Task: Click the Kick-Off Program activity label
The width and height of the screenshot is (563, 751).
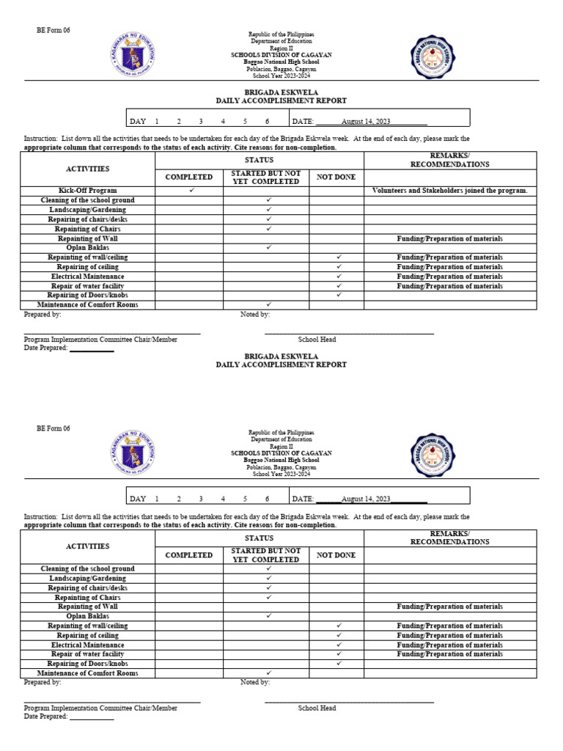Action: pyautogui.click(x=87, y=191)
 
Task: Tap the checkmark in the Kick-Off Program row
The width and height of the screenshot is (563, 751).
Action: pyautogui.click(x=191, y=191)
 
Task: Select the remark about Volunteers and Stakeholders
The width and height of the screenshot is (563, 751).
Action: pyautogui.click(x=449, y=191)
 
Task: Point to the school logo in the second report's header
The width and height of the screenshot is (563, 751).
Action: pyautogui.click(x=431, y=455)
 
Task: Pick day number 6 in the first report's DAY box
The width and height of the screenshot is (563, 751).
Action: pyautogui.click(x=268, y=121)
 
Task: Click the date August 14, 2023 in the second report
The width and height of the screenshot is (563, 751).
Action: pyautogui.click(x=367, y=499)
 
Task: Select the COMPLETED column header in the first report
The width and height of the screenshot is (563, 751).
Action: pyautogui.click(x=189, y=177)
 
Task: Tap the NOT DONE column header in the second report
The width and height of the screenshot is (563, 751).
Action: pyautogui.click(x=336, y=555)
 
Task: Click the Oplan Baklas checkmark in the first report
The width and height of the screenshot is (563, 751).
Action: pyautogui.click(x=269, y=248)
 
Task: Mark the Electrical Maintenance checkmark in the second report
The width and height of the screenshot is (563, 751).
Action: pyautogui.click(x=339, y=645)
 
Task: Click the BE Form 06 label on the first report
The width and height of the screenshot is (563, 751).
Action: pyautogui.click(x=53, y=31)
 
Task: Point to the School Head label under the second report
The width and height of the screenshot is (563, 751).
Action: pyautogui.click(x=317, y=708)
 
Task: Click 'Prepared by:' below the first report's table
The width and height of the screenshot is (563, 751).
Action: pyautogui.click(x=43, y=314)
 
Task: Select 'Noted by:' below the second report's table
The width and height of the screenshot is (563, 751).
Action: pyautogui.click(x=255, y=682)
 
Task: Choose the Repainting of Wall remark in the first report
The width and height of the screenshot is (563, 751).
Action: pyautogui.click(x=449, y=238)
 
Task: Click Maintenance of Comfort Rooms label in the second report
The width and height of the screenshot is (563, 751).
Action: pyautogui.click(x=87, y=673)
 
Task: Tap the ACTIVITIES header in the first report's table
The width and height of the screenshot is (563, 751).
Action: pyautogui.click(x=87, y=169)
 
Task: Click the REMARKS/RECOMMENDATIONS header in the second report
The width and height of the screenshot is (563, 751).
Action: pyautogui.click(x=449, y=538)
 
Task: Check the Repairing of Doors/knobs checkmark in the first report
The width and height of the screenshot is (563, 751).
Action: pyautogui.click(x=339, y=295)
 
